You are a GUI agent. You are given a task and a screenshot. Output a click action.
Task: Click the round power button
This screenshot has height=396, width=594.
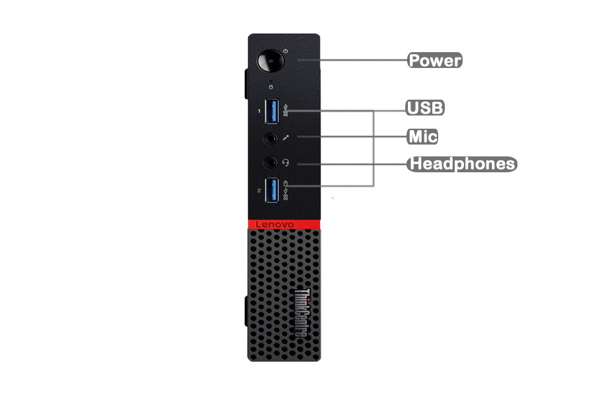tap(271, 61)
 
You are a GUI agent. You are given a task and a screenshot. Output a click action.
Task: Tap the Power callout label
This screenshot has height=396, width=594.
tap(435, 60)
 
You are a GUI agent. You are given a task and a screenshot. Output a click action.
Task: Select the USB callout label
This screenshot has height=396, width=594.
tap(425, 108)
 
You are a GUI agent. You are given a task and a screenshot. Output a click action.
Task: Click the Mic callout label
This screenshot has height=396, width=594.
tap(422, 137)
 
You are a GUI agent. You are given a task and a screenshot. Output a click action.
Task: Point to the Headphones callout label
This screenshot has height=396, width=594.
tap(462, 164)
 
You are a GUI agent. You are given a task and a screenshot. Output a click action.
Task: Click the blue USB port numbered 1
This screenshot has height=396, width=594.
tap(272, 111)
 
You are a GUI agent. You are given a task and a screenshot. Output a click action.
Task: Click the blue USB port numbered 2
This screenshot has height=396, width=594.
tap(272, 190)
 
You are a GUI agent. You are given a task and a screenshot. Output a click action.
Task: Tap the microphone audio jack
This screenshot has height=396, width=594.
tap(270, 139)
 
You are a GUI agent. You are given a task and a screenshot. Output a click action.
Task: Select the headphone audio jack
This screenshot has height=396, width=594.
tap(270, 162)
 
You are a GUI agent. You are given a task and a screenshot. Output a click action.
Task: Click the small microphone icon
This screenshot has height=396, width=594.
tap(286, 138)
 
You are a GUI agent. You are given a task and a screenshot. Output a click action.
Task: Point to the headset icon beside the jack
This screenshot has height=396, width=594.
tap(286, 162)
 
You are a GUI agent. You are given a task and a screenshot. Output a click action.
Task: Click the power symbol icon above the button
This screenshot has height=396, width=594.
tap(285, 51)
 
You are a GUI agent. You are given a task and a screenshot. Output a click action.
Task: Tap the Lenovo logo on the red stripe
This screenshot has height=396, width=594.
tap(275, 224)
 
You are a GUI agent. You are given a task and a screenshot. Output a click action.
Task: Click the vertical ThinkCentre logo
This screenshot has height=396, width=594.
tap(302, 313)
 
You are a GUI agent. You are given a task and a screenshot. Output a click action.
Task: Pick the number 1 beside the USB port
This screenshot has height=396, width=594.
tap(259, 111)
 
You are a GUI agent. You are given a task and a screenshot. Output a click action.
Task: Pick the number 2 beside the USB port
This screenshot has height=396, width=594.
tap(259, 191)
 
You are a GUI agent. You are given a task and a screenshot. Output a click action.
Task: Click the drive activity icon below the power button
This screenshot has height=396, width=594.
tap(271, 87)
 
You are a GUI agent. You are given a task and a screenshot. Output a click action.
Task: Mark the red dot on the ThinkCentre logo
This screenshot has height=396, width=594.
tap(308, 300)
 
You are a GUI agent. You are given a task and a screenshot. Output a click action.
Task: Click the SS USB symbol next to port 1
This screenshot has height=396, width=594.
tap(286, 110)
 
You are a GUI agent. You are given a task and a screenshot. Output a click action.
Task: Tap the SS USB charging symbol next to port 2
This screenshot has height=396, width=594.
tap(286, 191)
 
